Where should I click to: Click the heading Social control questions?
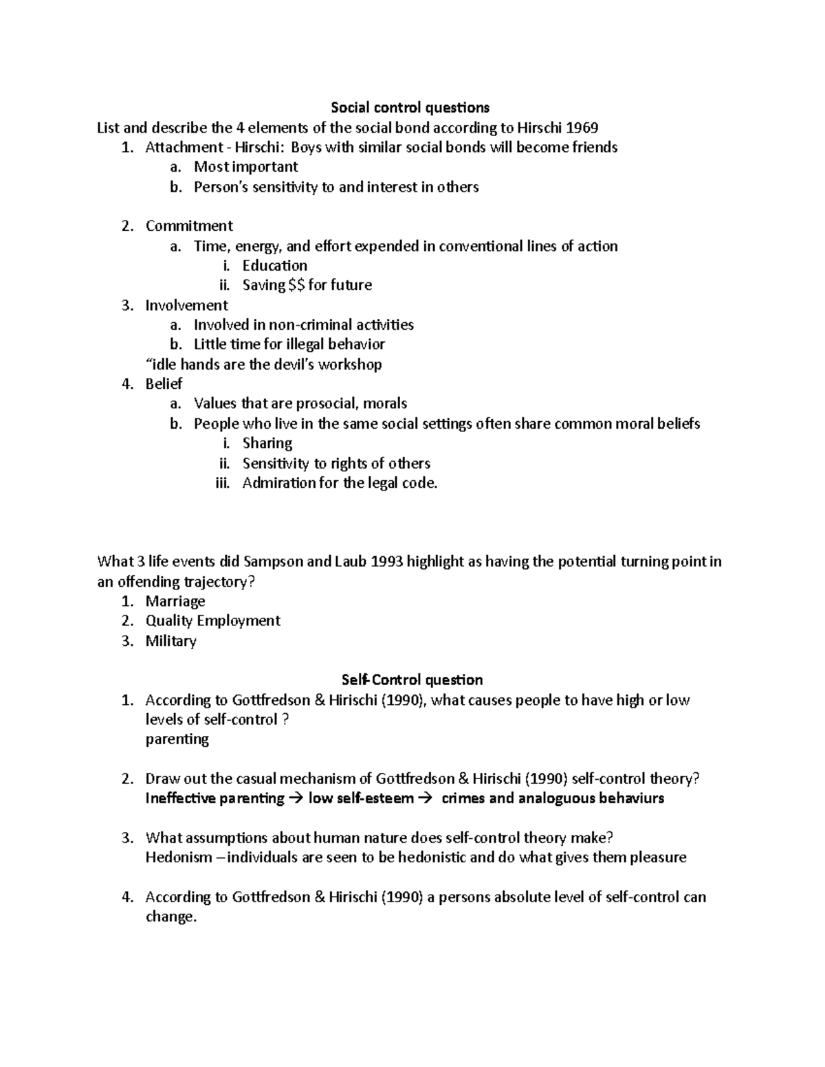point(410,107)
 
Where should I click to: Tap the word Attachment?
point(184,147)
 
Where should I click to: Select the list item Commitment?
point(189,226)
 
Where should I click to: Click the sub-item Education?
point(274,265)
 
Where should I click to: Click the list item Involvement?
point(186,305)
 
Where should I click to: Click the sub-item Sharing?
point(267,443)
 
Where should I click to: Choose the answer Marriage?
point(175,601)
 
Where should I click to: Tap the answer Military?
point(170,641)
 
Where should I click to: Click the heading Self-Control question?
point(412,680)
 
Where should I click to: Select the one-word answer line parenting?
point(177,739)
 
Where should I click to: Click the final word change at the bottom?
point(170,917)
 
